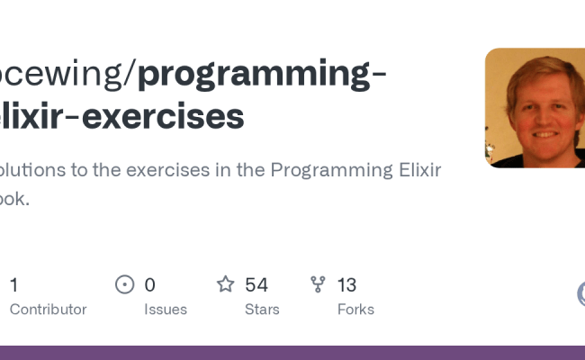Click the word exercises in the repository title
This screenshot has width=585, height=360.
coord(163,116)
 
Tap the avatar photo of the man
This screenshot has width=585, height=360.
coord(535,108)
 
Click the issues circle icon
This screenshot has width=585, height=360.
coord(125,285)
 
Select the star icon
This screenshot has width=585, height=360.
coord(225,285)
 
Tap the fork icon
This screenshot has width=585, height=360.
coord(318,285)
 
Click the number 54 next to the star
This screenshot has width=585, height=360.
coord(256,285)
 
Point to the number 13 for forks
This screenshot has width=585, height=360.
coord(346,285)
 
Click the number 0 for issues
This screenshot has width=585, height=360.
coord(149,285)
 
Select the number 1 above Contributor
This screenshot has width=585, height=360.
coord(13,285)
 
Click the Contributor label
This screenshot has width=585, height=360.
coord(48,310)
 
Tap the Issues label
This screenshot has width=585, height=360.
coord(166,310)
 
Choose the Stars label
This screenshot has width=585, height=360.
coord(262,310)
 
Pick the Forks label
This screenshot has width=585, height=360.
coord(355,310)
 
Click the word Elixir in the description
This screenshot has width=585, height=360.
coord(413,170)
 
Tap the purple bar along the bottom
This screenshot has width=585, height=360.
coord(292,353)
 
